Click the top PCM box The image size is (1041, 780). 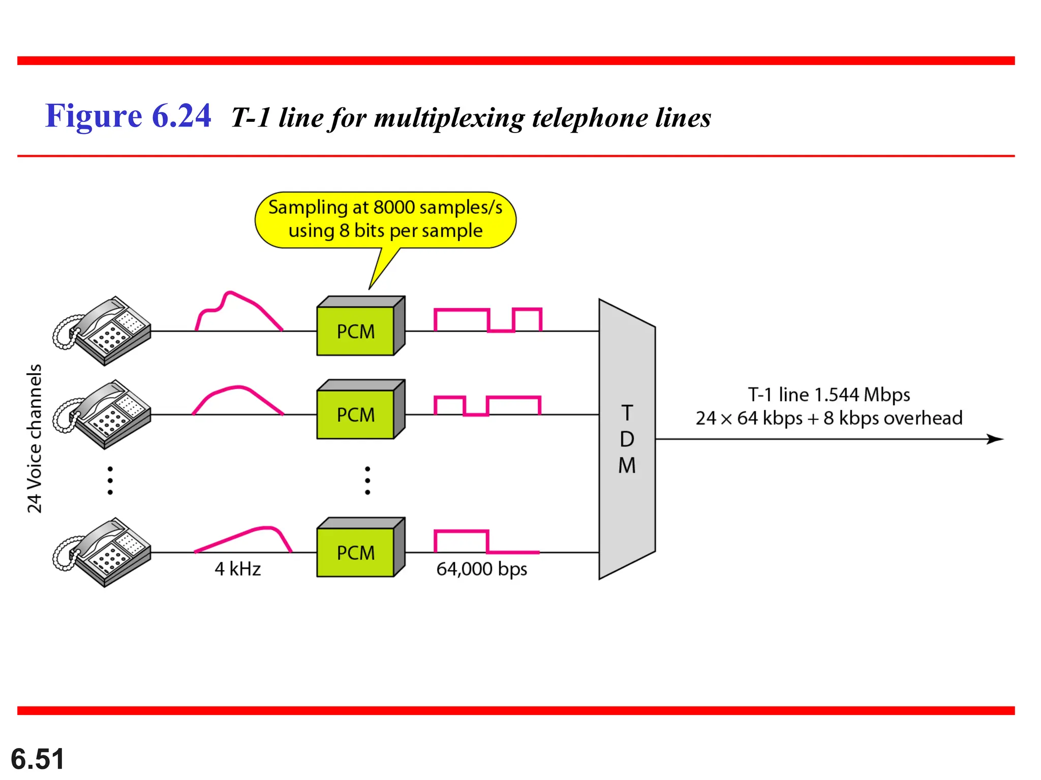point(356,331)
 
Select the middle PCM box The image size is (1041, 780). point(356,414)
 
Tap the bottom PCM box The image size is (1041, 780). point(356,552)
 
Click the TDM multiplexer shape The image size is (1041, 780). point(627,439)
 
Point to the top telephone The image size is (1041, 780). point(103,331)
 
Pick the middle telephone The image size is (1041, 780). point(103,414)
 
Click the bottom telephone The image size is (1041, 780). point(103,552)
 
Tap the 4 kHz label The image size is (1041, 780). point(237,569)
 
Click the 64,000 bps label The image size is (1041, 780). point(481,569)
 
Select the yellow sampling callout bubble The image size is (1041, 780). point(385,219)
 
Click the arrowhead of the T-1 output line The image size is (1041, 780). point(996,439)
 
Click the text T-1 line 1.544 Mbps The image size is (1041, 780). point(829,395)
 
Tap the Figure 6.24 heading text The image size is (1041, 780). point(128,116)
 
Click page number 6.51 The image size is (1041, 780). point(38,759)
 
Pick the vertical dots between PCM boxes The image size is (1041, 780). point(368,480)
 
